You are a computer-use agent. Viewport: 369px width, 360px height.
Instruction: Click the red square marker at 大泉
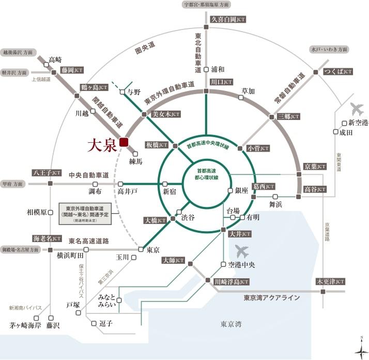124,142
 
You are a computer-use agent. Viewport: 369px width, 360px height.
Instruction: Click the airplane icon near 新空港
357,110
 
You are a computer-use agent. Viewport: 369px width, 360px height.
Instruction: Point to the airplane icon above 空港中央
241,252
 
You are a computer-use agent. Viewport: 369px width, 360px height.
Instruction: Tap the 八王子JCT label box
47,173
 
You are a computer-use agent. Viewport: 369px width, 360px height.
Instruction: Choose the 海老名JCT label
47,238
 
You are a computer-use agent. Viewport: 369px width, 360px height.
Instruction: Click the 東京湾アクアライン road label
272,298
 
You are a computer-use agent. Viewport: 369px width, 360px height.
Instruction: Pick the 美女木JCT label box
166,114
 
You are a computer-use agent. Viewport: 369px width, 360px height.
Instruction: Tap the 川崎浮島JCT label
231,282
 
